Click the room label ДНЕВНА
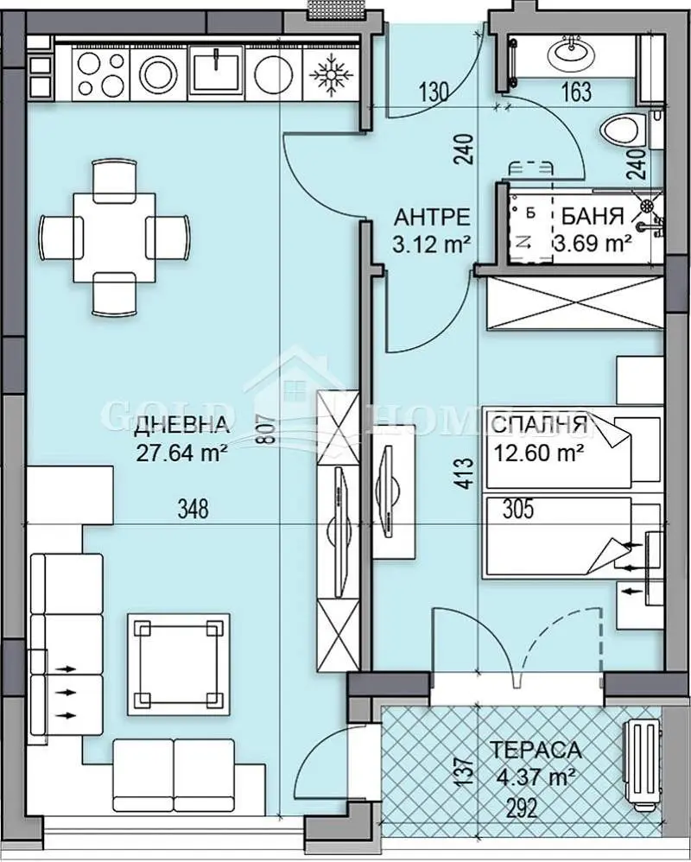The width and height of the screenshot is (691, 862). coord(181,424)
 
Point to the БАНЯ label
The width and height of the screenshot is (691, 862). coord(593,216)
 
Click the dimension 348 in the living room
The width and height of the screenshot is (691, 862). coord(193,510)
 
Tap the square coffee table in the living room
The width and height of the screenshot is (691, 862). coord(178,663)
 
